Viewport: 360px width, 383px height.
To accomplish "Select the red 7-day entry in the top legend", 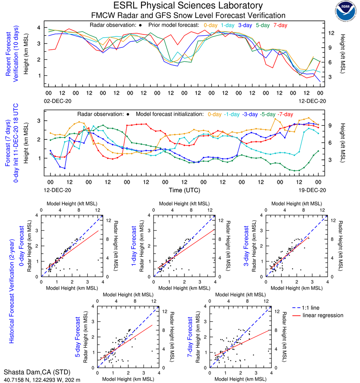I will click(280, 25).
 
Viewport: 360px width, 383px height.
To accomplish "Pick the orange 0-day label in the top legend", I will click(210, 25).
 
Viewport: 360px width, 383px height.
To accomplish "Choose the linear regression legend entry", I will click(323, 315).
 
